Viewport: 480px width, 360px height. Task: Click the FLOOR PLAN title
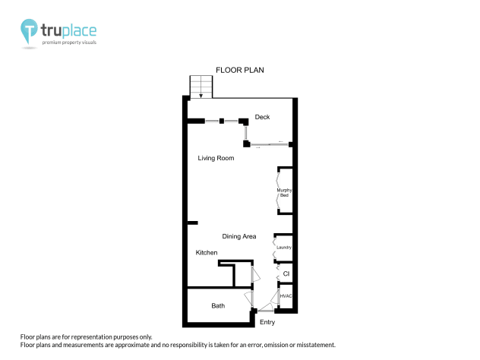239,70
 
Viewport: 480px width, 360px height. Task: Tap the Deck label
262,117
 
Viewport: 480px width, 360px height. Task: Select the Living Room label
216,158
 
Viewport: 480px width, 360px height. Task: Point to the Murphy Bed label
284,192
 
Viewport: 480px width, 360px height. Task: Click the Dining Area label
238,236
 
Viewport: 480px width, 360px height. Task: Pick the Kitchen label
207,252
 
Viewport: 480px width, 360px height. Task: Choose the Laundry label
284,248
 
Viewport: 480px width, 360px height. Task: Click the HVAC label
286,295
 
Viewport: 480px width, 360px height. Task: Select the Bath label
218,306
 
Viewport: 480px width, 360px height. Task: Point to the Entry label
267,323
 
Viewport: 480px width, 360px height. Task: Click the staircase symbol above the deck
201,87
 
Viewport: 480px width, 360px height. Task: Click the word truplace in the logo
69,30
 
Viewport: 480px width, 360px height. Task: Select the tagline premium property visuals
69,43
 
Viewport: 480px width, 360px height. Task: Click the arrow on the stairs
201,95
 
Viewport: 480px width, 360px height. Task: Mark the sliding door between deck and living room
270,144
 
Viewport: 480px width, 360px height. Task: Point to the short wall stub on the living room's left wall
193,223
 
